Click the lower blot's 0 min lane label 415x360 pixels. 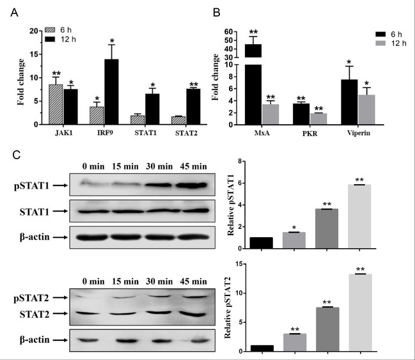tap(95, 281)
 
